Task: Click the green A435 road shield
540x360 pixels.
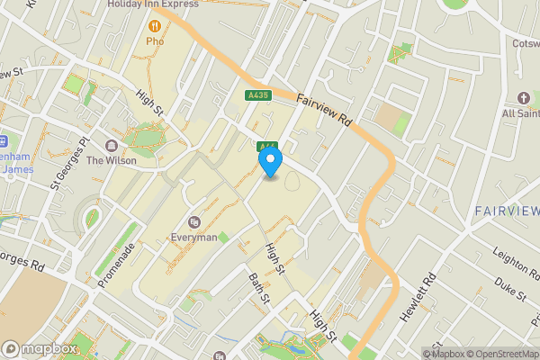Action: (x=257, y=94)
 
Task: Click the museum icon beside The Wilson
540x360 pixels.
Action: (x=112, y=146)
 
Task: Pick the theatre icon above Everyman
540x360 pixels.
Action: (x=193, y=222)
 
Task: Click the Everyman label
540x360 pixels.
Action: (x=193, y=238)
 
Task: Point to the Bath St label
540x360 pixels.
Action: (x=259, y=291)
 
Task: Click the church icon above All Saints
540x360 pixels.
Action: (x=524, y=97)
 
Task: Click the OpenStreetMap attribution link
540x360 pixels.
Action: (x=500, y=354)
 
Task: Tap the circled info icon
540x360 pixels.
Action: (x=430, y=354)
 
